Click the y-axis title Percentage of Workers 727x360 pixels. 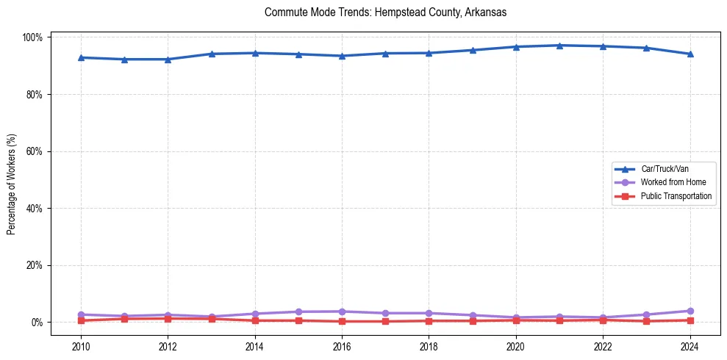[x=12, y=179]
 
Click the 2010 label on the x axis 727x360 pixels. [x=81, y=347]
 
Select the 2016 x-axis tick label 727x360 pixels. [x=342, y=347]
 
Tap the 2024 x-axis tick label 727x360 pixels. [x=690, y=347]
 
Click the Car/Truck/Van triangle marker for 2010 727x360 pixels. [x=81, y=57]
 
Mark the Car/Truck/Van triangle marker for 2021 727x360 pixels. [x=559, y=46]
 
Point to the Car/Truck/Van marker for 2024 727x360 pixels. [x=690, y=54]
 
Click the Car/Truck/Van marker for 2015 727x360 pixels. [x=298, y=54]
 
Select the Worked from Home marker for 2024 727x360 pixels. [x=690, y=311]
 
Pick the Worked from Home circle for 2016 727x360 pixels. [x=342, y=312]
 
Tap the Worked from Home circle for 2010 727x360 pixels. [x=81, y=314]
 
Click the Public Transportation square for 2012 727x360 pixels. [x=168, y=319]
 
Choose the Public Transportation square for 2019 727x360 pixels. [x=473, y=320]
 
